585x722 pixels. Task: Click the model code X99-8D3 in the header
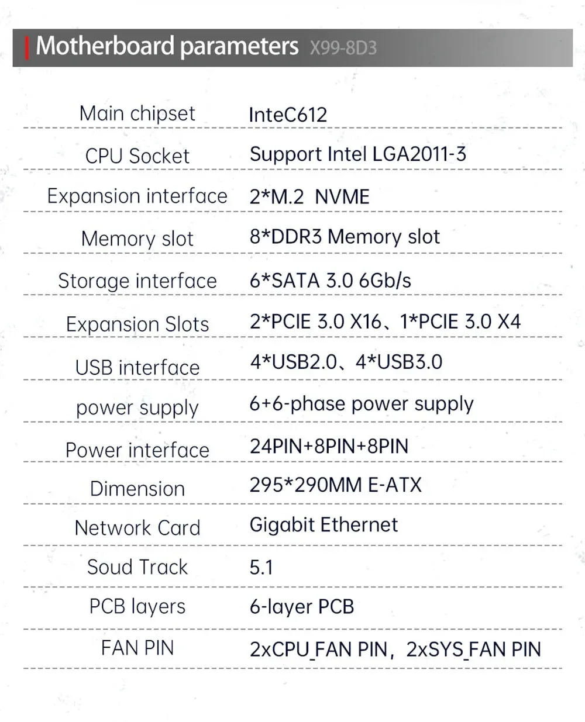[343, 47]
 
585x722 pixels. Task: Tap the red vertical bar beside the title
[27, 47]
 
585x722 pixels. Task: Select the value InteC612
[288, 115]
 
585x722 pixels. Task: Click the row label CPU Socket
[137, 156]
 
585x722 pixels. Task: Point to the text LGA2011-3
[419, 154]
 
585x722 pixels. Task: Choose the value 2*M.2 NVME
[309, 196]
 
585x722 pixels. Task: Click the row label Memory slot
[137, 239]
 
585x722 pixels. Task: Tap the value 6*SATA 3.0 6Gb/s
[330, 281]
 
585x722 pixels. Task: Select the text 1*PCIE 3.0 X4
[460, 322]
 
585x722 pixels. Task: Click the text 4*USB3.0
[399, 362]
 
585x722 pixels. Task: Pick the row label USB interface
[137, 368]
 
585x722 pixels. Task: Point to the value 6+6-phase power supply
[361, 404]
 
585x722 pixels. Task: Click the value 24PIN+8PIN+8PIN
[329, 446]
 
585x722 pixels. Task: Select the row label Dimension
[137, 489]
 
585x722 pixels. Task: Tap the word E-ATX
[395, 485]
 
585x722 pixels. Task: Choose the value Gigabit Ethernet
[324, 524]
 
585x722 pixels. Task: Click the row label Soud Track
[137, 566]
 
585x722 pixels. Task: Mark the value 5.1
[261, 567]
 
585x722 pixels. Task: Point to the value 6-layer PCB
[302, 607]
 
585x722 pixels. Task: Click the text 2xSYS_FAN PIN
[473, 650]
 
